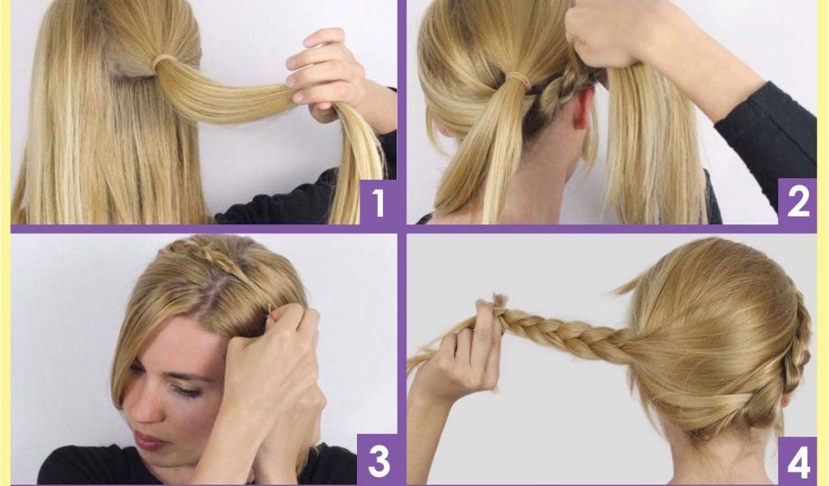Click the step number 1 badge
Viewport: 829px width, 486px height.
coord(379,202)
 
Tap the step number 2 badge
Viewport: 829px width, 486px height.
coord(797,202)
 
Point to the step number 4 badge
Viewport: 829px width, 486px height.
coord(797,463)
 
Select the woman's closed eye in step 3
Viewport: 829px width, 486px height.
coord(182,390)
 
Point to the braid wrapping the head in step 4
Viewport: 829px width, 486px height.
coord(796,360)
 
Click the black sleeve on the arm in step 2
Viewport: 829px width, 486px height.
coord(767,132)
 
